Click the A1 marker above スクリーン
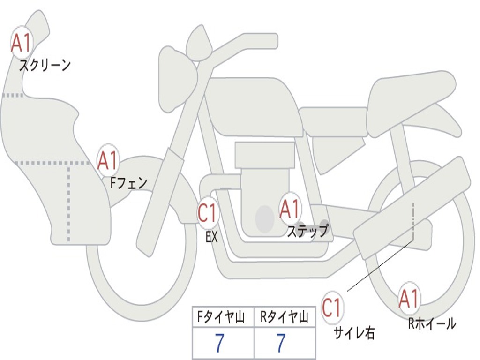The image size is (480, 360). pos(21,44)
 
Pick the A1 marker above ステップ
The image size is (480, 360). pos(290,209)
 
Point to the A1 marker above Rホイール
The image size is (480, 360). pos(409,299)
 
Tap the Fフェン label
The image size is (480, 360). pos(128,183)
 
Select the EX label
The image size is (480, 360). pos(211,237)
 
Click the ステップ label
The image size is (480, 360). pos(307,231)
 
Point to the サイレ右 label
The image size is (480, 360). pos(354,333)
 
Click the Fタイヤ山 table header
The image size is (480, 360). pos(221,317)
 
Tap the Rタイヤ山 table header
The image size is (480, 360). pos(284,317)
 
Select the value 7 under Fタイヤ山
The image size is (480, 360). pos(220,343)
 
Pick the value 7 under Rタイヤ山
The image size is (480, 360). pos(281,343)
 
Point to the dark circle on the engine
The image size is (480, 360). pos(265,219)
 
